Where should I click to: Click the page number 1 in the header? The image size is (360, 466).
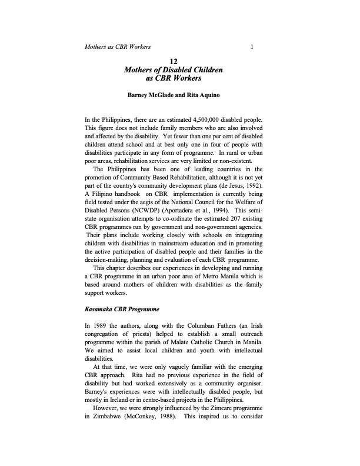(x=252, y=46)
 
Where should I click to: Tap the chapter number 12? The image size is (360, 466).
(x=174, y=61)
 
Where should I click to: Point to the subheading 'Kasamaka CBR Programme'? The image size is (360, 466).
(x=121, y=308)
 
